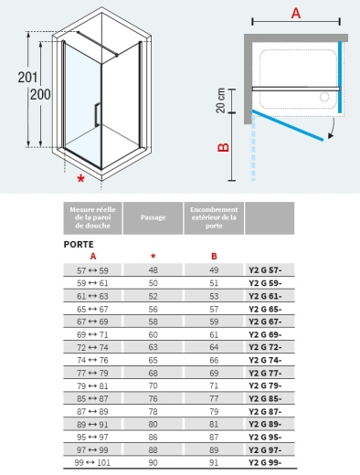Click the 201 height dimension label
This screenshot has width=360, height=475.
pos(27,78)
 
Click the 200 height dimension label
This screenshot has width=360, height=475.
pos(40,94)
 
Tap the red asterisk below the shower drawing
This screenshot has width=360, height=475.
pos(80,178)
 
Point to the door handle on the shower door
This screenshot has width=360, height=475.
pos(97,115)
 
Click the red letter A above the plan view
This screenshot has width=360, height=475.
pos(296,13)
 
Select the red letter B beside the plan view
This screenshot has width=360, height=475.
pos(224,147)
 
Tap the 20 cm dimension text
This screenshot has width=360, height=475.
pos(221,100)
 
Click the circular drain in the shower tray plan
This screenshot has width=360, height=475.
pos(324,97)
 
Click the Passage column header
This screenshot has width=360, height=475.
pos(153,217)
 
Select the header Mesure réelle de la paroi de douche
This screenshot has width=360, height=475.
pos(92,217)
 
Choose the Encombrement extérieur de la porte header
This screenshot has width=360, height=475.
pos(214,217)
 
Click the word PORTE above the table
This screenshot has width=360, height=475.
pos(79,244)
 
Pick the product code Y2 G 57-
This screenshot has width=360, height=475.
pos(265,270)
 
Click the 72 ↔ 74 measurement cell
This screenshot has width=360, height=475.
pos(92,347)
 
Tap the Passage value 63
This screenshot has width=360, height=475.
pos(153,347)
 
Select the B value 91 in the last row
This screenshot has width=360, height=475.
pos(214,463)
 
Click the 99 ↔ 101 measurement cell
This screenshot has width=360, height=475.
pos(92,463)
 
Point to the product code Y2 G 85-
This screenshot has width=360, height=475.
pos(265,398)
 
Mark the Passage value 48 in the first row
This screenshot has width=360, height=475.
pos(153,270)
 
